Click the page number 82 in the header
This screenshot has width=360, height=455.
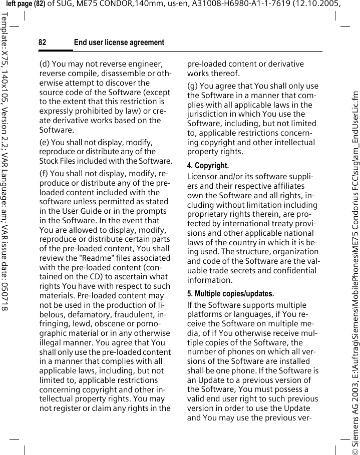pyautogui.click(x=42, y=43)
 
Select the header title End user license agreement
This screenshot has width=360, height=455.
pyautogui.click(x=119, y=43)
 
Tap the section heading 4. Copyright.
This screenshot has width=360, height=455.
pyautogui.click(x=208, y=165)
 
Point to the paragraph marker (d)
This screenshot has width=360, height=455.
pyautogui.click(x=45, y=64)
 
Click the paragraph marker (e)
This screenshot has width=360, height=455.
pyautogui.click(x=45, y=143)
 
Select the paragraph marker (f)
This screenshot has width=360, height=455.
pyautogui.click(x=45, y=174)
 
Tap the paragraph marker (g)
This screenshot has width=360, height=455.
pyautogui.click(x=192, y=86)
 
